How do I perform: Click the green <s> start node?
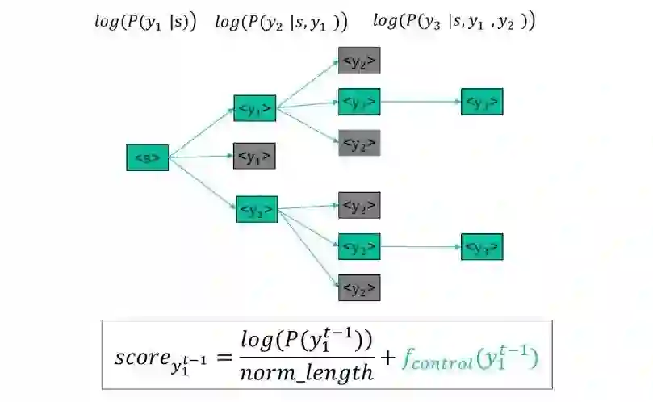(x=148, y=157)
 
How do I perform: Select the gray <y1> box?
(x=255, y=156)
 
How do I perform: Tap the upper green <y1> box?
(x=255, y=107)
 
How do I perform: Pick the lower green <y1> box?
(x=257, y=209)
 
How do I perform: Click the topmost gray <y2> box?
(x=359, y=61)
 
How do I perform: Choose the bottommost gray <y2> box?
(x=359, y=287)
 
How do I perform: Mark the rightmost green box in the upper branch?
(x=482, y=102)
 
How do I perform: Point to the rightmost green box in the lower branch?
(x=482, y=246)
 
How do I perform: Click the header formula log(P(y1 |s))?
(x=145, y=23)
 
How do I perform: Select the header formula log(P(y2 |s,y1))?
(x=281, y=23)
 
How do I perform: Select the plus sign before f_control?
(x=387, y=355)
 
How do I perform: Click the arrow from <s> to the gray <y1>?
(x=202, y=157)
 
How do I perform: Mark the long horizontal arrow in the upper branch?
(x=420, y=102)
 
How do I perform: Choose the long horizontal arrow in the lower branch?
(x=420, y=246)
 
